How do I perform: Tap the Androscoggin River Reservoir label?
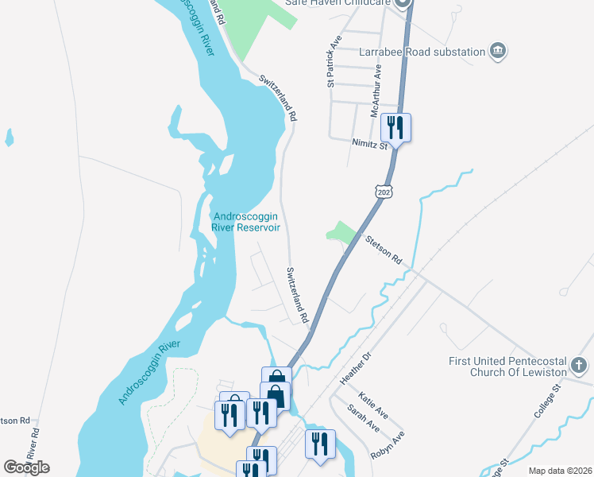(x=246, y=222)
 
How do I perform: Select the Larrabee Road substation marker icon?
(x=498, y=51)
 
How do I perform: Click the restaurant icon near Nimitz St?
(x=395, y=127)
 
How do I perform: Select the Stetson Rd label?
(x=384, y=249)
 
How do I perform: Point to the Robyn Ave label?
(x=388, y=447)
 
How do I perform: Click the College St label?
(x=547, y=399)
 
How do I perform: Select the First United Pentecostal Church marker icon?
(x=580, y=366)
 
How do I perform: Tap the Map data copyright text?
(x=559, y=471)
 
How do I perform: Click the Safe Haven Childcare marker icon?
(x=403, y=3)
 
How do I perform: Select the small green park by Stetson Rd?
(x=341, y=231)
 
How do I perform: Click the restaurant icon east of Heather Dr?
(x=321, y=442)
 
